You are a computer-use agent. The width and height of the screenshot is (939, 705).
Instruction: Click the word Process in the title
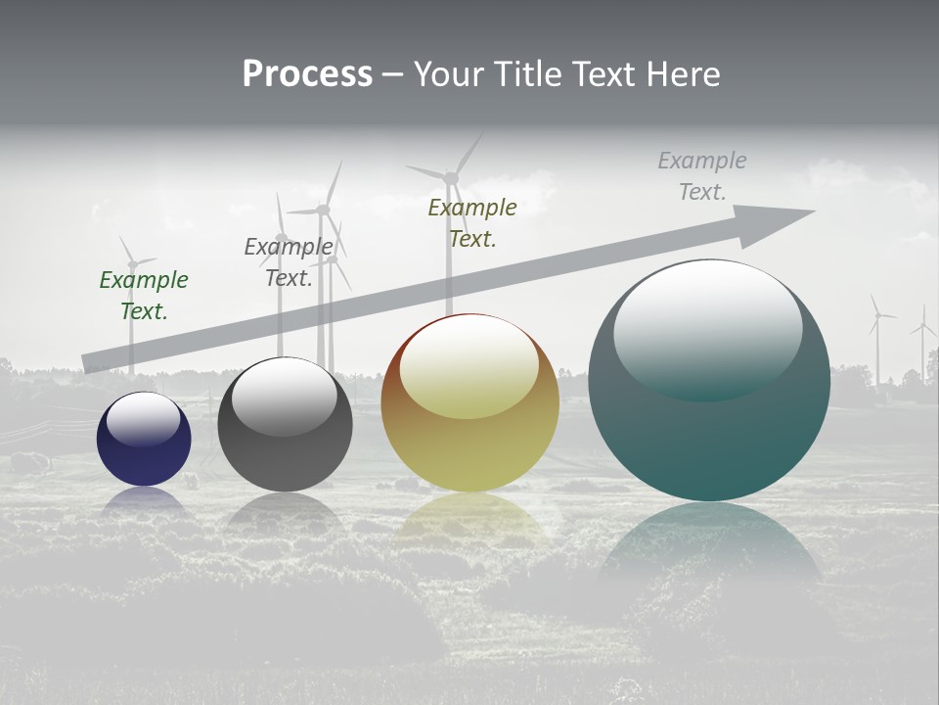(x=307, y=74)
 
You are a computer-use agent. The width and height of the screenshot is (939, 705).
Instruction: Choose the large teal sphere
(x=709, y=431)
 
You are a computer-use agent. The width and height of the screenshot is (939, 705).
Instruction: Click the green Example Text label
(x=144, y=296)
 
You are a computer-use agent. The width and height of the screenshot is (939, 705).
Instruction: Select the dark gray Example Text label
(x=289, y=262)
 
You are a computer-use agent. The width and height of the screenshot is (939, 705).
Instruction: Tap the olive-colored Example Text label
(x=472, y=223)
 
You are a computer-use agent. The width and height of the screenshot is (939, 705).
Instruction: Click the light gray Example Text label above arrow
(x=702, y=176)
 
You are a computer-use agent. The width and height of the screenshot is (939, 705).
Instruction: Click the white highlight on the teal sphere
(x=707, y=328)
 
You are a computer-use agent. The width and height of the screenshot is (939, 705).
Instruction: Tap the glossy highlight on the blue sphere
(x=144, y=418)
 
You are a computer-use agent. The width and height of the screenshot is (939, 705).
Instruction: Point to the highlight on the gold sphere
(x=469, y=365)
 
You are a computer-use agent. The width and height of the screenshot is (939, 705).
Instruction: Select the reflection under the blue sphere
(x=144, y=501)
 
